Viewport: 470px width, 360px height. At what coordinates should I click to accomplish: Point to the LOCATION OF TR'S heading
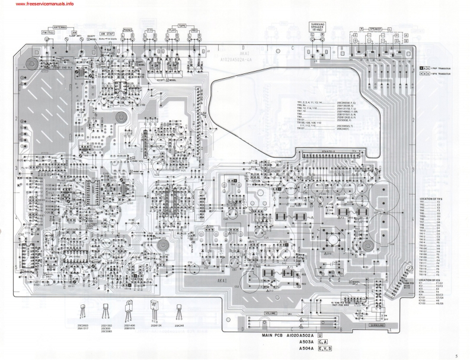pos(431,198)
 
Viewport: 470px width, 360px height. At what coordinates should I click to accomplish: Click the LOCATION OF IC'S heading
pos(431,279)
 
